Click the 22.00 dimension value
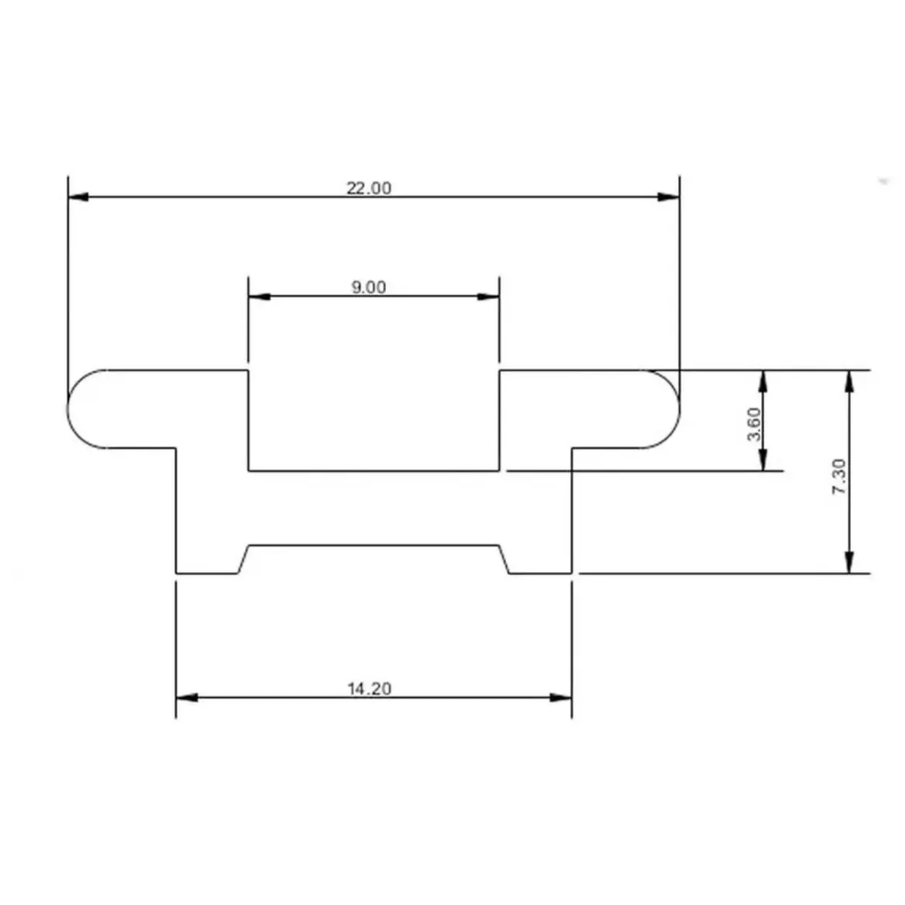tap(368, 188)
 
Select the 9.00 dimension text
tap(369, 288)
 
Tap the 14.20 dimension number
tap(370, 688)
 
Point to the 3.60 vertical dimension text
tap(754, 424)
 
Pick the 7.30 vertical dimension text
tap(839, 476)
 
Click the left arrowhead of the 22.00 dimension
tap(78, 196)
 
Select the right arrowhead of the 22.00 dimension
tap(669, 196)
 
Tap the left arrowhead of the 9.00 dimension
tap(259, 297)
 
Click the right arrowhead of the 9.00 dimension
tap(488, 297)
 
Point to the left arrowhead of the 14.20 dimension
tap(187, 697)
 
